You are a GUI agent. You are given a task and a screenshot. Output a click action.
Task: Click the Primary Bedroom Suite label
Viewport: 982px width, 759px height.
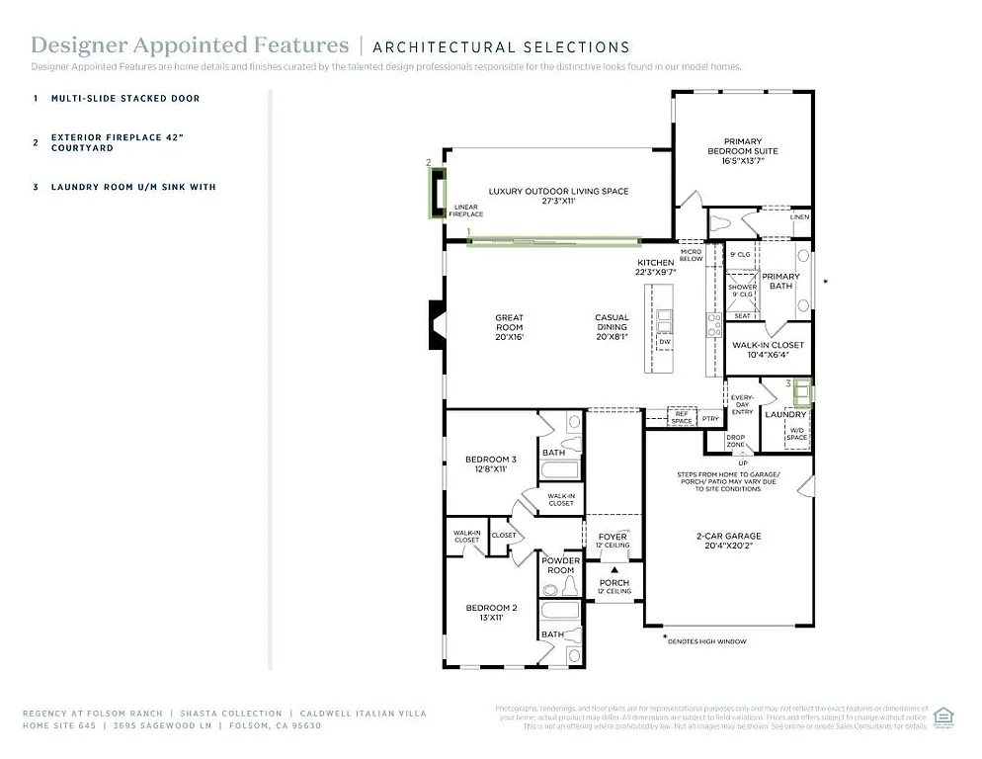[x=742, y=151]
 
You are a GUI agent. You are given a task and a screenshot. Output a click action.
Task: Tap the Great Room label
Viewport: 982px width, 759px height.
[x=509, y=327]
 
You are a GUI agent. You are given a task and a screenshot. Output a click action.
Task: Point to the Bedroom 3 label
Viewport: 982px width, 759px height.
[x=490, y=464]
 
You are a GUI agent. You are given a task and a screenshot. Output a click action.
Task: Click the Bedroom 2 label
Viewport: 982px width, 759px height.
[x=491, y=612]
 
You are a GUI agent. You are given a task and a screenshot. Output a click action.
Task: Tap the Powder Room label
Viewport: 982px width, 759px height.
[x=560, y=565]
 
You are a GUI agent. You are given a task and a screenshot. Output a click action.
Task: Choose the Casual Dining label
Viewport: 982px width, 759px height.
[x=612, y=327]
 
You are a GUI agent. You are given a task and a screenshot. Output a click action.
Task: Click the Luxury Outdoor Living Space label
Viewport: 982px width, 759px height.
[x=558, y=196]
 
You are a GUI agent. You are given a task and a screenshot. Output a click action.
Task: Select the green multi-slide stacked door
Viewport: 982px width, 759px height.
[x=553, y=240]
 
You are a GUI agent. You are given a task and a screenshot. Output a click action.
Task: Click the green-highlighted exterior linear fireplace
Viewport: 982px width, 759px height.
[x=436, y=193]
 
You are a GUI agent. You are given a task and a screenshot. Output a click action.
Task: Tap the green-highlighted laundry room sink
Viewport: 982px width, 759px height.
[x=802, y=392]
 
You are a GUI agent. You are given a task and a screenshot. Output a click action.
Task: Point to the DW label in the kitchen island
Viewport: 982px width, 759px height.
[x=665, y=342]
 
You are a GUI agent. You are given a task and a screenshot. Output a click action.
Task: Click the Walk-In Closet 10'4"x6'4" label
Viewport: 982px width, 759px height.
[x=768, y=350]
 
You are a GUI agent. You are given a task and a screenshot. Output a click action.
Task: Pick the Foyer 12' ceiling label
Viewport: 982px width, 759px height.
[x=613, y=541]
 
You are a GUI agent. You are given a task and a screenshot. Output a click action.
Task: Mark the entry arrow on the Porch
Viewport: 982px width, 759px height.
[x=614, y=570]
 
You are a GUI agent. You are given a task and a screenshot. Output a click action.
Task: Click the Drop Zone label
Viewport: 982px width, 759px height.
[x=736, y=441]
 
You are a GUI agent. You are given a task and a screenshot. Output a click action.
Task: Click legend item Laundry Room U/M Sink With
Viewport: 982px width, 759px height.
[x=133, y=187]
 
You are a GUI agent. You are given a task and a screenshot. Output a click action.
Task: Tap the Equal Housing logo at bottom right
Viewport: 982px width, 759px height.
[x=943, y=716]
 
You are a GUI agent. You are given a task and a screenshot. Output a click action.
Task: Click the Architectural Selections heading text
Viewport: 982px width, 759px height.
[x=501, y=46]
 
